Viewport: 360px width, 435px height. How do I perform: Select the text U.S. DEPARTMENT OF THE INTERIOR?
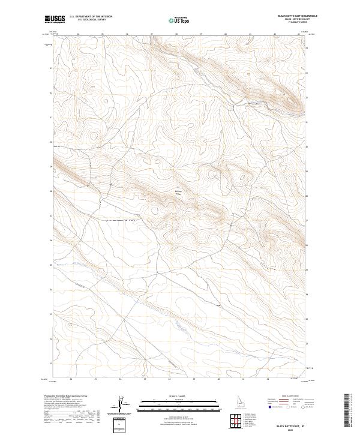91,17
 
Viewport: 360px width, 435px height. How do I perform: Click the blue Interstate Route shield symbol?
270,407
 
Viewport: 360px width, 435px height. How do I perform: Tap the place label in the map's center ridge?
178,193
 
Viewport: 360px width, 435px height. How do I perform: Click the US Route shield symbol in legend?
289,407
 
